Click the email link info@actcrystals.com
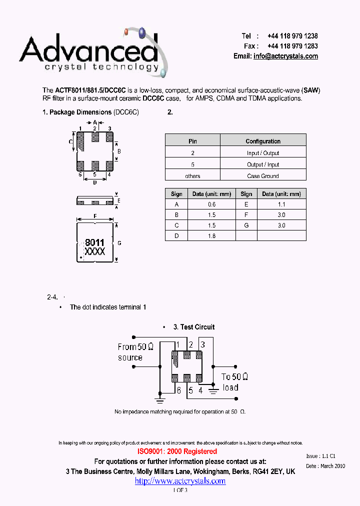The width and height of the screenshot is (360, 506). pos(285,56)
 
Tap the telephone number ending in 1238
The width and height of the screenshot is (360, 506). pos(292,36)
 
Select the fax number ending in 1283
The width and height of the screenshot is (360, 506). pos(292,46)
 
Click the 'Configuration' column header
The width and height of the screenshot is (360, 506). pos(263,141)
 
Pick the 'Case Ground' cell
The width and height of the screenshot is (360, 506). pos(263,176)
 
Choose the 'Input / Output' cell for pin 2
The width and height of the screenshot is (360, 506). pos(263,153)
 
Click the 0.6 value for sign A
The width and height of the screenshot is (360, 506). pos(211,204)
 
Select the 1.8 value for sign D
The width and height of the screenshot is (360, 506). pos(211,235)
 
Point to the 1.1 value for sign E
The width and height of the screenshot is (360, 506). pos(281,204)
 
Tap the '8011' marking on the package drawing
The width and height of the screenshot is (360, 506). pos(94,242)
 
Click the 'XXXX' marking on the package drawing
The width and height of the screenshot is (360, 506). pos(94,251)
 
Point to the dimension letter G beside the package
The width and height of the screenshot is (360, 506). pos(119,243)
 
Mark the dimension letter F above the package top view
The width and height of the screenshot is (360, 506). pos(95,216)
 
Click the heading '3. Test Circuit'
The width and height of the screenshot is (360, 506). pos(194,327)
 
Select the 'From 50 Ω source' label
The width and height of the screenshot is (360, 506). pos(135,352)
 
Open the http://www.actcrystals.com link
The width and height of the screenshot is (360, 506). pos(180,481)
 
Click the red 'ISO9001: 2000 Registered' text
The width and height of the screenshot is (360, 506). pos(177,451)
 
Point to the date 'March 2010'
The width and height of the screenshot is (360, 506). pos(332,465)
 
